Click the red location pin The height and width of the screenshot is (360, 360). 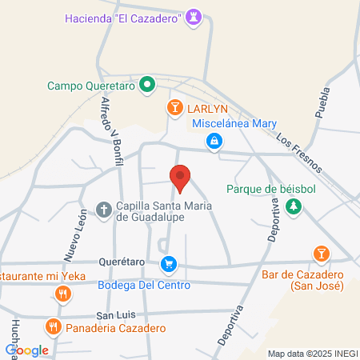[181, 178]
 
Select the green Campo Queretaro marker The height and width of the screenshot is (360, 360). [147, 84]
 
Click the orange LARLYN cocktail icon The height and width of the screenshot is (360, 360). [174, 107]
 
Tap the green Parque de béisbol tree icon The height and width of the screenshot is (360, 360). [295, 206]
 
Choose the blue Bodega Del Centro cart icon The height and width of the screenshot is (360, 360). [168, 263]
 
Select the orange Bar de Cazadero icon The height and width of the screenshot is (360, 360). [321, 254]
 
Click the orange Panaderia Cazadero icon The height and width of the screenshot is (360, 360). [53, 326]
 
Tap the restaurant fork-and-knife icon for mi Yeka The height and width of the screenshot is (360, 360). [62, 293]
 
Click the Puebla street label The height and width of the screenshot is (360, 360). [322, 102]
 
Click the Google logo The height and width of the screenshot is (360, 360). [27, 350]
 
